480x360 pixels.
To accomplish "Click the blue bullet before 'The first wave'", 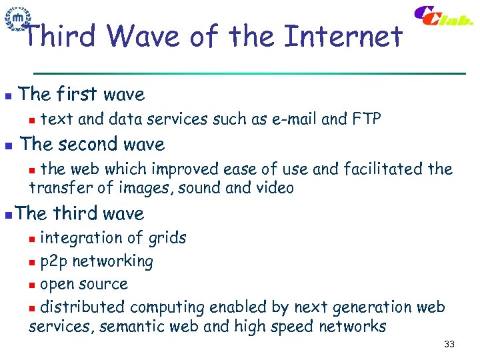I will [7, 96].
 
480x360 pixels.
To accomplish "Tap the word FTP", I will [366, 119].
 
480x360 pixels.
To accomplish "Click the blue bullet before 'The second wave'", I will [7, 145].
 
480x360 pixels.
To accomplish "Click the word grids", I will [167, 238].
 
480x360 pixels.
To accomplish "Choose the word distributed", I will [83, 307].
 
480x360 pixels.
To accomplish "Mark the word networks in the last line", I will [353, 327].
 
